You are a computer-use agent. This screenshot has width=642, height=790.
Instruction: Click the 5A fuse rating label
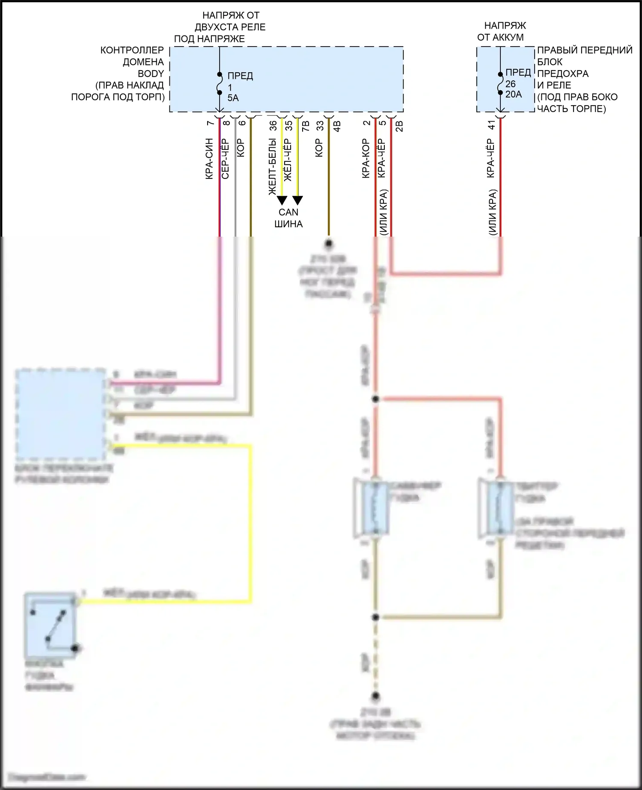tap(233, 98)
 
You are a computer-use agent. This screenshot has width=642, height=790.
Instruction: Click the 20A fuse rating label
tap(514, 95)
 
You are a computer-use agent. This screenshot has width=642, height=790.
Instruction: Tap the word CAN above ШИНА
tap(288, 212)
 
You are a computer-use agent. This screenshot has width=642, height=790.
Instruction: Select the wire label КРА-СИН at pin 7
tap(209, 159)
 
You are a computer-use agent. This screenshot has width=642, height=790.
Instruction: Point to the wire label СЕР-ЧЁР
tap(226, 159)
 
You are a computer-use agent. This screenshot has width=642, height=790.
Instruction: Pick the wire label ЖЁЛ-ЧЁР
tap(288, 160)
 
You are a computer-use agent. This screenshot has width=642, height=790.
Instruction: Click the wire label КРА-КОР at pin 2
tap(366, 159)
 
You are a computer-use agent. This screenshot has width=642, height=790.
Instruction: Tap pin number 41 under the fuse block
tap(491, 125)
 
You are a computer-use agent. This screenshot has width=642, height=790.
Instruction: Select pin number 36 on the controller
tap(273, 125)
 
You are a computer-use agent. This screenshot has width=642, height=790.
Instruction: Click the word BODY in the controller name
tap(151, 74)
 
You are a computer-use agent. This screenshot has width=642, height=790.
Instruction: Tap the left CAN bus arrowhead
tap(282, 200)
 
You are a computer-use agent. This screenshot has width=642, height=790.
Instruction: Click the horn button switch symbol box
tap(50, 626)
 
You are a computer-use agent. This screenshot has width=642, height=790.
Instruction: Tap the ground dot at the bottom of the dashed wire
tap(375, 696)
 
